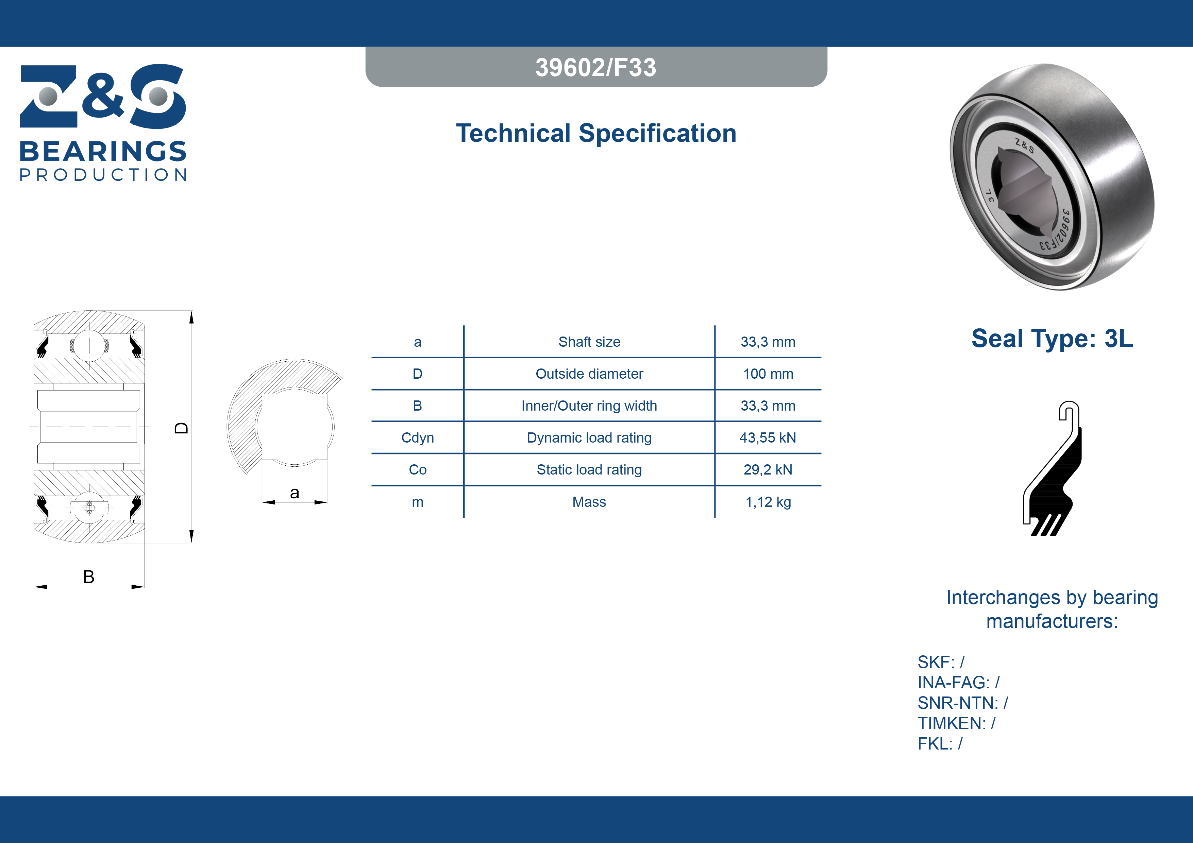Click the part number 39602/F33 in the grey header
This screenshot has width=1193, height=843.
(x=596, y=68)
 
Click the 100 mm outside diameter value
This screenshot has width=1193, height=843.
(x=768, y=374)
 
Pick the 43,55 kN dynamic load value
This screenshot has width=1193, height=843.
(x=768, y=438)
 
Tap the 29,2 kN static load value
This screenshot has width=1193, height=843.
(x=768, y=469)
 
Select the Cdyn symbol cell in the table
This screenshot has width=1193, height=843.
(x=417, y=438)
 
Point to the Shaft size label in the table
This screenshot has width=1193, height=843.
(x=589, y=342)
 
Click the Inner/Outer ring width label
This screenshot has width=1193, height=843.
(x=589, y=406)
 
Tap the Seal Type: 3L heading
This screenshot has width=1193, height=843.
(x=1052, y=339)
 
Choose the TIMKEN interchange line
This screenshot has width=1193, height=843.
(x=956, y=723)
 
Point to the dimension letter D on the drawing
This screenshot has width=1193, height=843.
(x=181, y=428)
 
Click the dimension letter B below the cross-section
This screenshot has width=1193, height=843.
(x=89, y=577)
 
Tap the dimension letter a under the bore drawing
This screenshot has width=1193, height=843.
(x=295, y=493)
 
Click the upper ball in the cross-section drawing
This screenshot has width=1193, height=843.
(x=89, y=345)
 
